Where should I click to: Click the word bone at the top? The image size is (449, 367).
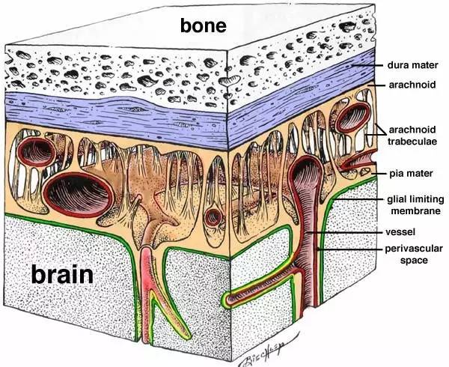click(x=204, y=25)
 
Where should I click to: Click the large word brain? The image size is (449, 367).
click(x=62, y=273)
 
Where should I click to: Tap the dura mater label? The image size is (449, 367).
click(x=412, y=65)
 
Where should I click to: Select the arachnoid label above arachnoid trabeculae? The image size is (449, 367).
click(x=412, y=85)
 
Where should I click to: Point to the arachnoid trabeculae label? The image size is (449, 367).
click(x=412, y=136)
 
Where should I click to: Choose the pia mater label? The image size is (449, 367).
click(x=411, y=173)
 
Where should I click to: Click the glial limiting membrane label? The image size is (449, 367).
click(x=415, y=204)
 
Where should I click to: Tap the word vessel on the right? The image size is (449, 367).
click(x=400, y=231)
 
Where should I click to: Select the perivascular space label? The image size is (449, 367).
click(x=414, y=254)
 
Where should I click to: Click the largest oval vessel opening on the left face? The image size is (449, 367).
click(x=79, y=194)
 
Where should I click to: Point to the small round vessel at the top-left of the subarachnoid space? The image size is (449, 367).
click(x=37, y=151)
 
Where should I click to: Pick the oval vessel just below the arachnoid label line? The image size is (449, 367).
click(x=353, y=116)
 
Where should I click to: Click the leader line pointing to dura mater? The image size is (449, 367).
click(x=367, y=66)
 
